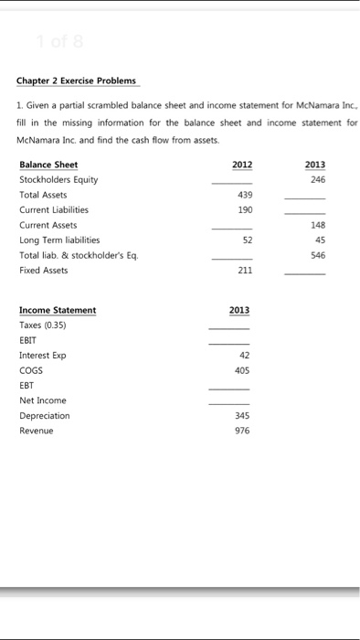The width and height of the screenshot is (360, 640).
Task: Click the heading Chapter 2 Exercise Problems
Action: (78, 80)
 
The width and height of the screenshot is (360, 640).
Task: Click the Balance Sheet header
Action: (48, 165)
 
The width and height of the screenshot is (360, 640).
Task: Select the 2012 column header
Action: (242, 165)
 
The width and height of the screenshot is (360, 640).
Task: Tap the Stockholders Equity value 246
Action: (317, 180)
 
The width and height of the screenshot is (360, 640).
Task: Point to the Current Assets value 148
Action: (317, 225)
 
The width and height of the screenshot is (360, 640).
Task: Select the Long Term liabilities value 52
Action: (245, 240)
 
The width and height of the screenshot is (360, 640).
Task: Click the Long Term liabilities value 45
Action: (319, 240)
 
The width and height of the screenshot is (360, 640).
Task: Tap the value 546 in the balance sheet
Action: (317, 255)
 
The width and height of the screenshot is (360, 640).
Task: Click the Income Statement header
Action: (58, 310)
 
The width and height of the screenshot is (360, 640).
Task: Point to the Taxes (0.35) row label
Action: (43, 325)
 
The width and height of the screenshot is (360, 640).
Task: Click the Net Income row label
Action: (42, 400)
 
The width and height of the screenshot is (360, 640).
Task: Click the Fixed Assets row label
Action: (43, 270)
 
